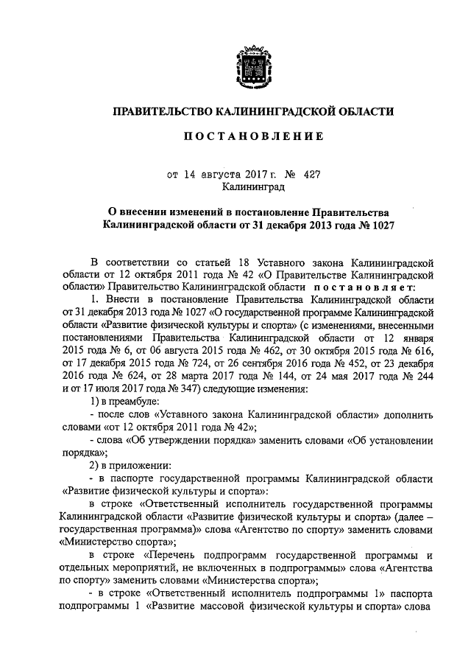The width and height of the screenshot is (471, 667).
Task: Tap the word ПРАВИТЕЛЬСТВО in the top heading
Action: pyautogui.click(x=161, y=111)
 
